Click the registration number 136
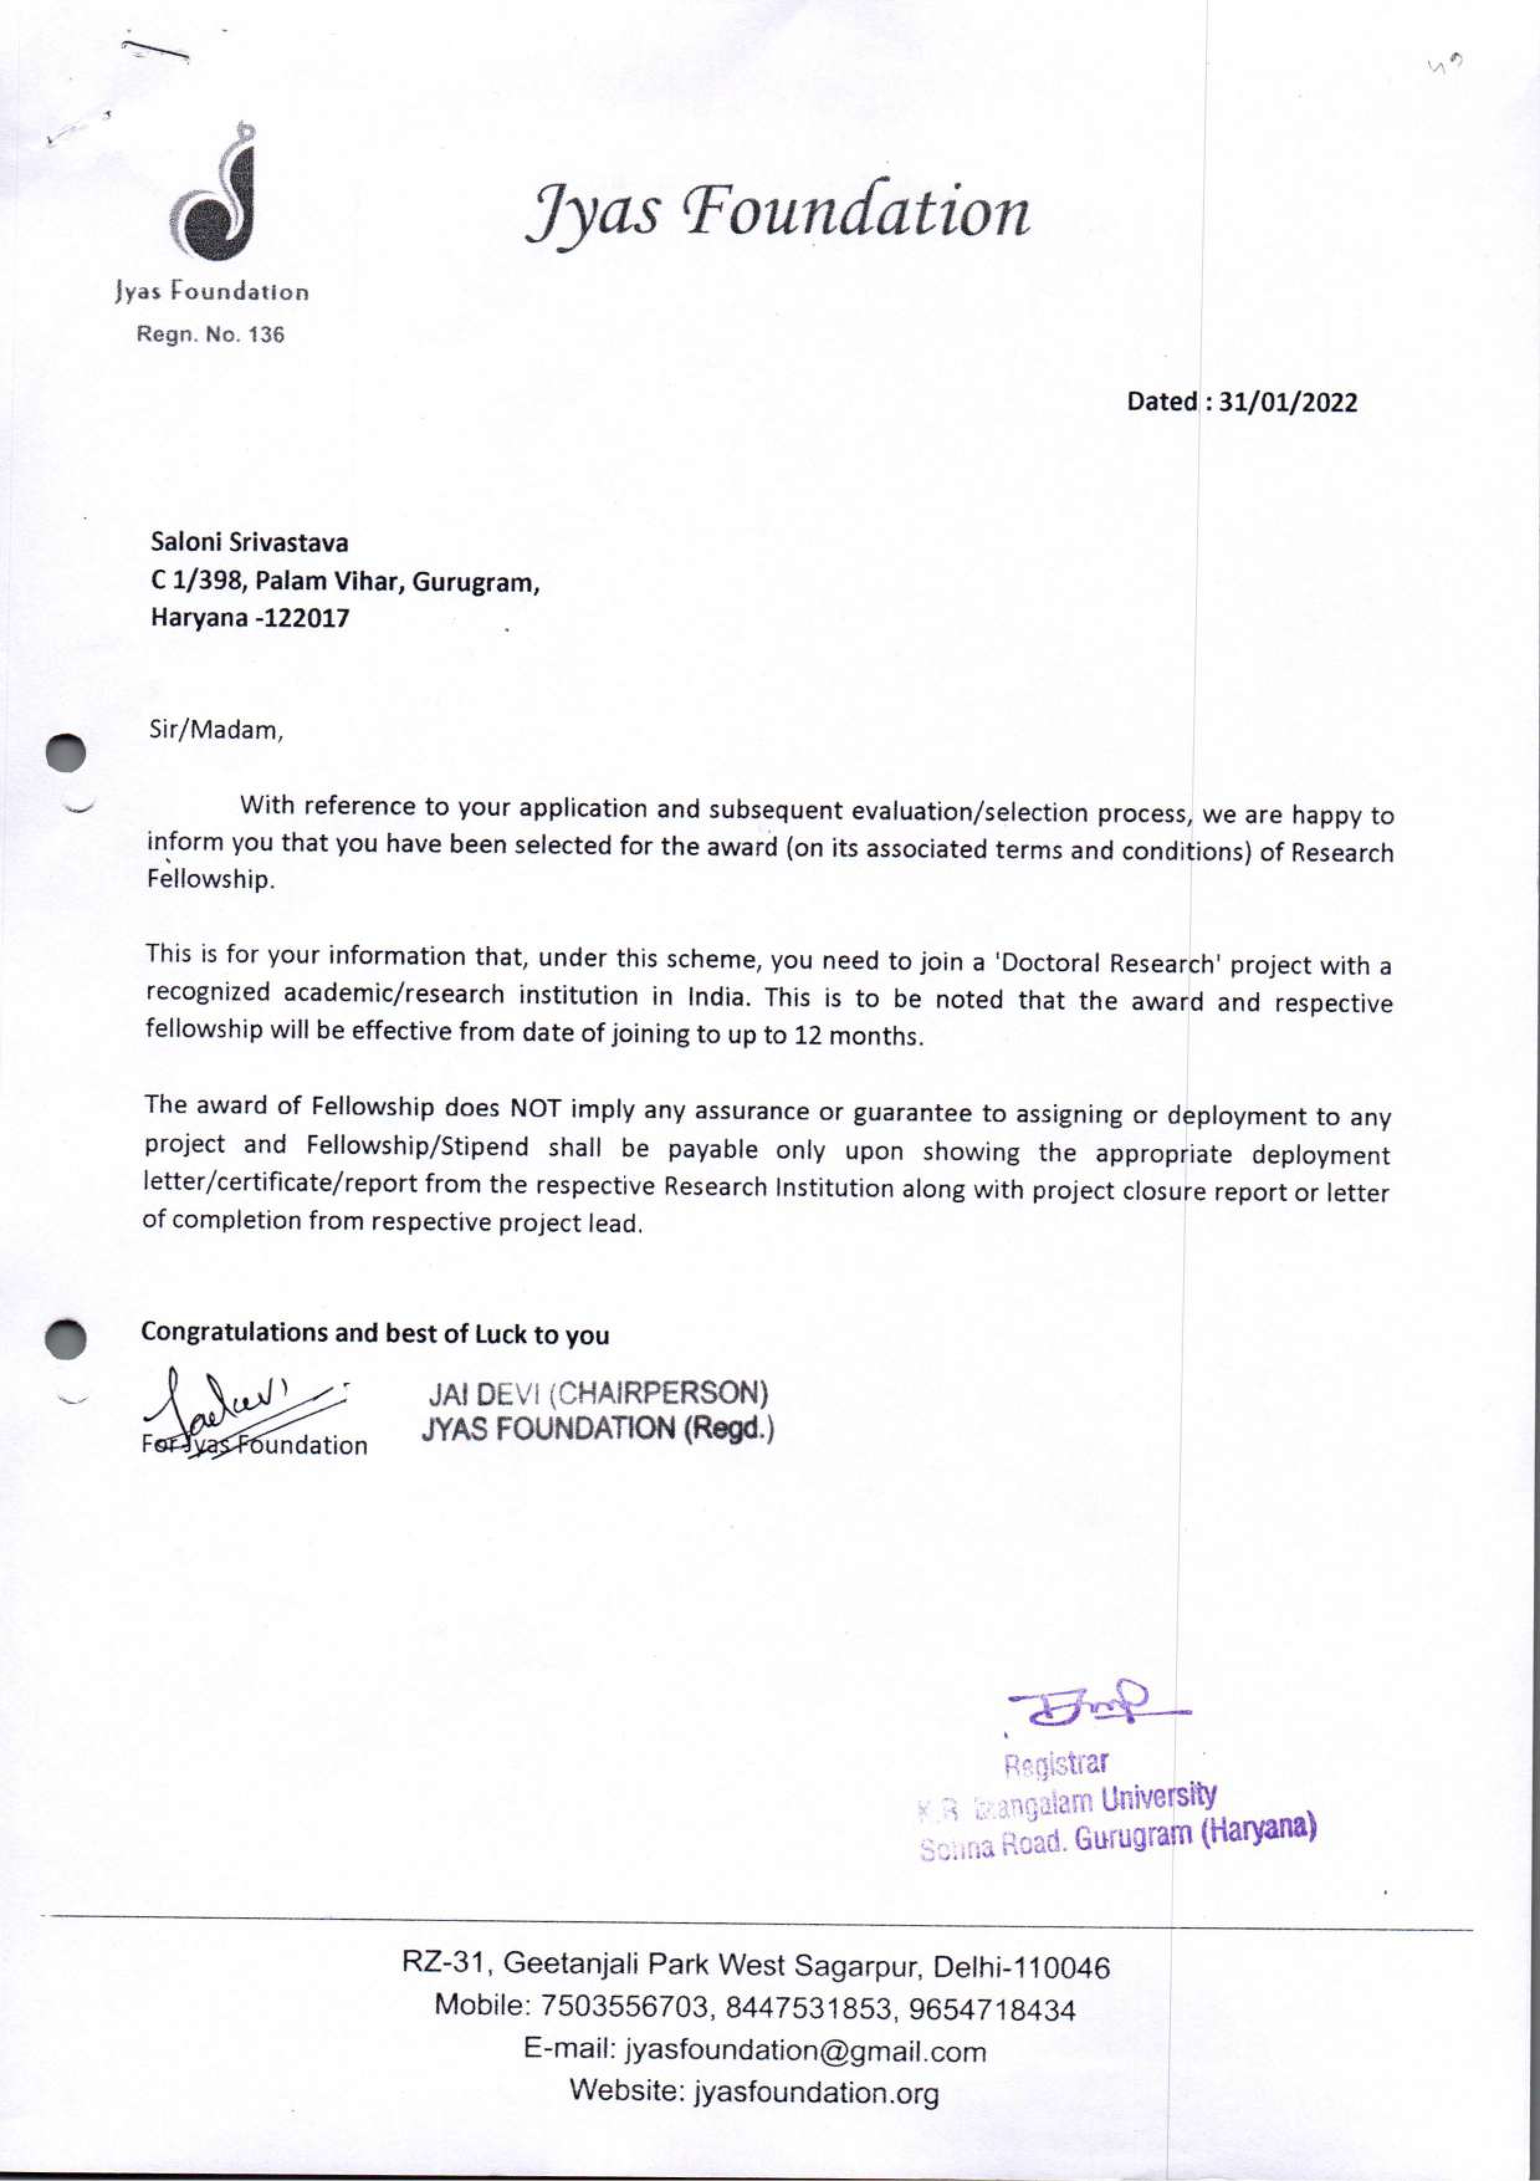click(266, 334)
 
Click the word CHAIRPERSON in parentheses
click(660, 1395)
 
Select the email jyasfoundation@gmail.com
click(805, 2051)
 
